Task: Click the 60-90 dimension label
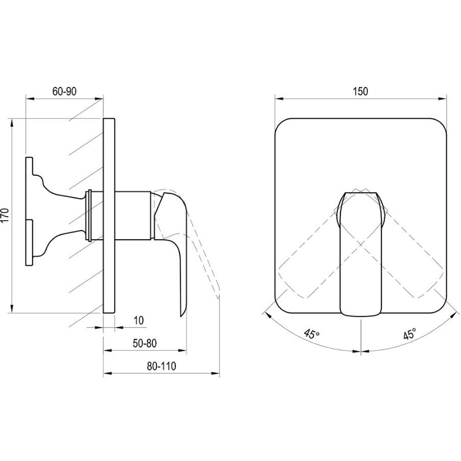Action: point(64,91)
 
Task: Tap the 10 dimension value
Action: point(139,320)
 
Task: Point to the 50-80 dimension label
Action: point(145,343)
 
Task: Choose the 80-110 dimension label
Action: point(162,366)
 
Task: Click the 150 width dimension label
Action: point(360,91)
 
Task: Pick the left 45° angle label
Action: point(312,334)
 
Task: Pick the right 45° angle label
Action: point(409,334)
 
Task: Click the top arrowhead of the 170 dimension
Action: point(12,123)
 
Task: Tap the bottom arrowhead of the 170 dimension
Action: point(12,308)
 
